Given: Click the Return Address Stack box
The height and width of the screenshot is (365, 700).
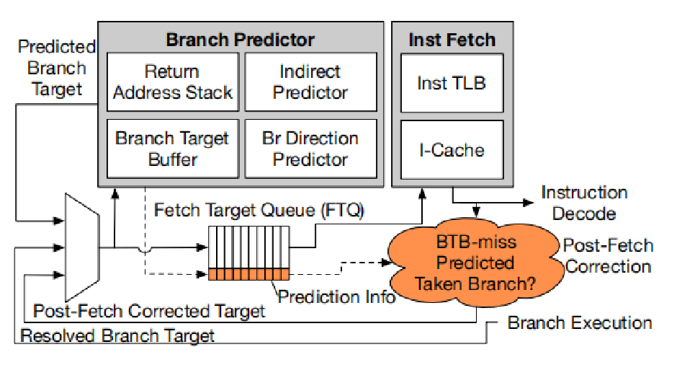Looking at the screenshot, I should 173,82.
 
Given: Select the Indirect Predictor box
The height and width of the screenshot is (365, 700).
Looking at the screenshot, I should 311,82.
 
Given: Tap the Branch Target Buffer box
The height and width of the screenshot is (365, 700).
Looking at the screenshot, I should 173,148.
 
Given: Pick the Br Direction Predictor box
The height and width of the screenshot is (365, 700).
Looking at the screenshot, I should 311,148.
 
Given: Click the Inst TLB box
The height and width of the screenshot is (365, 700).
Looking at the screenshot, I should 452,82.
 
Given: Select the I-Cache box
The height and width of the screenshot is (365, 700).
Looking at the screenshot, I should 452,149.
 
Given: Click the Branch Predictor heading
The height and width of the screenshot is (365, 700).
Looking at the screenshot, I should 241,39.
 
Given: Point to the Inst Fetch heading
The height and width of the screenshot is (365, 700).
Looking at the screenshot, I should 452,39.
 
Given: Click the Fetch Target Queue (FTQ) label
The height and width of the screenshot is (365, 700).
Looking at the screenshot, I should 260,211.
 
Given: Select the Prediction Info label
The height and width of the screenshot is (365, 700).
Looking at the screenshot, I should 337,296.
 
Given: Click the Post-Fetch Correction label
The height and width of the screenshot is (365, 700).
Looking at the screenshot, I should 609,255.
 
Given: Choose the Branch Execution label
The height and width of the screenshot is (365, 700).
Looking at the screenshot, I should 580,322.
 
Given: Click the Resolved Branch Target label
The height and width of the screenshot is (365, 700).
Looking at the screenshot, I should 117,335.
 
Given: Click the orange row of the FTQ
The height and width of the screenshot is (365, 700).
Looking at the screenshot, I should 248,273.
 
